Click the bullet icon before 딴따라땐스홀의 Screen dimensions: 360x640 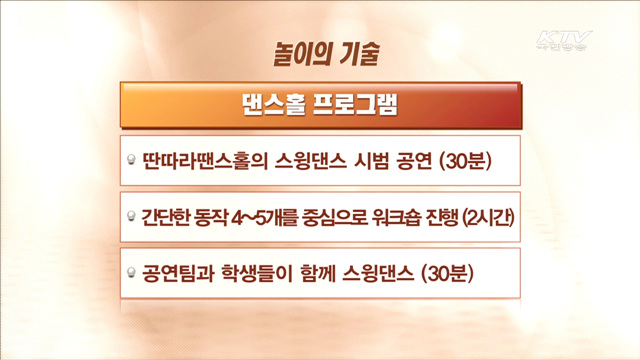pyautogui.click(x=132, y=160)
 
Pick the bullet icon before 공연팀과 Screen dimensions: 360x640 pyautogui.click(x=132, y=271)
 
